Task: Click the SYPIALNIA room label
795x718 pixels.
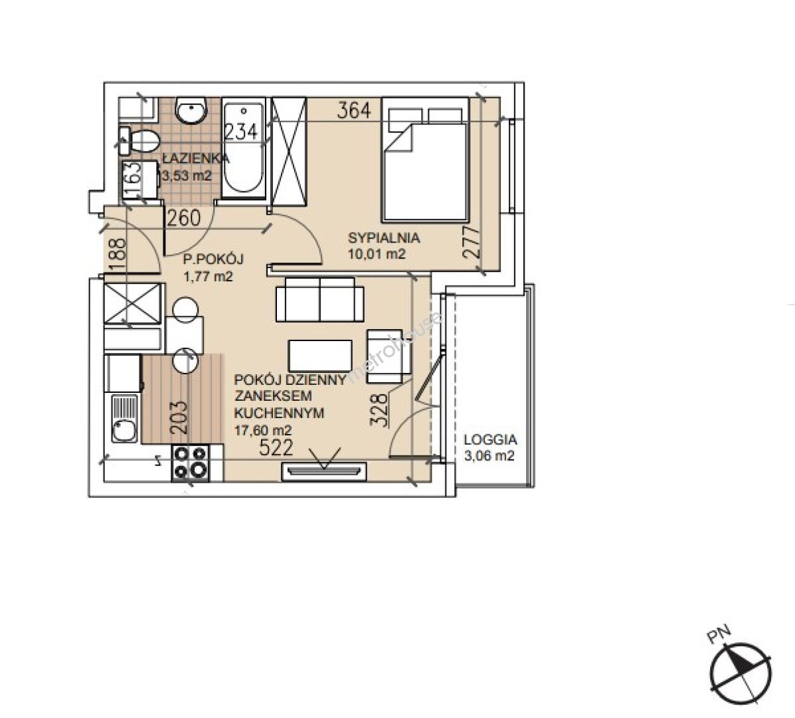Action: point(384,237)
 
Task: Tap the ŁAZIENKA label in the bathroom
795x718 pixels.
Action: point(196,158)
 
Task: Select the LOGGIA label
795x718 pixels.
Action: point(490,439)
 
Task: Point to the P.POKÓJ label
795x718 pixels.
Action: point(213,260)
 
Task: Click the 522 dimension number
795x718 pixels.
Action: point(276,447)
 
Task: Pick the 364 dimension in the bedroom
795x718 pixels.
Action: point(354,110)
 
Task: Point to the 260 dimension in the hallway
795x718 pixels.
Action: point(184,218)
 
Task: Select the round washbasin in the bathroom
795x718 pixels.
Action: point(191,109)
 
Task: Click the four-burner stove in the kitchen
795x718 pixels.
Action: point(191,462)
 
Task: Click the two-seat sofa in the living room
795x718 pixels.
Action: point(320,299)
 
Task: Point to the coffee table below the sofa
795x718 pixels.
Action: point(320,356)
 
